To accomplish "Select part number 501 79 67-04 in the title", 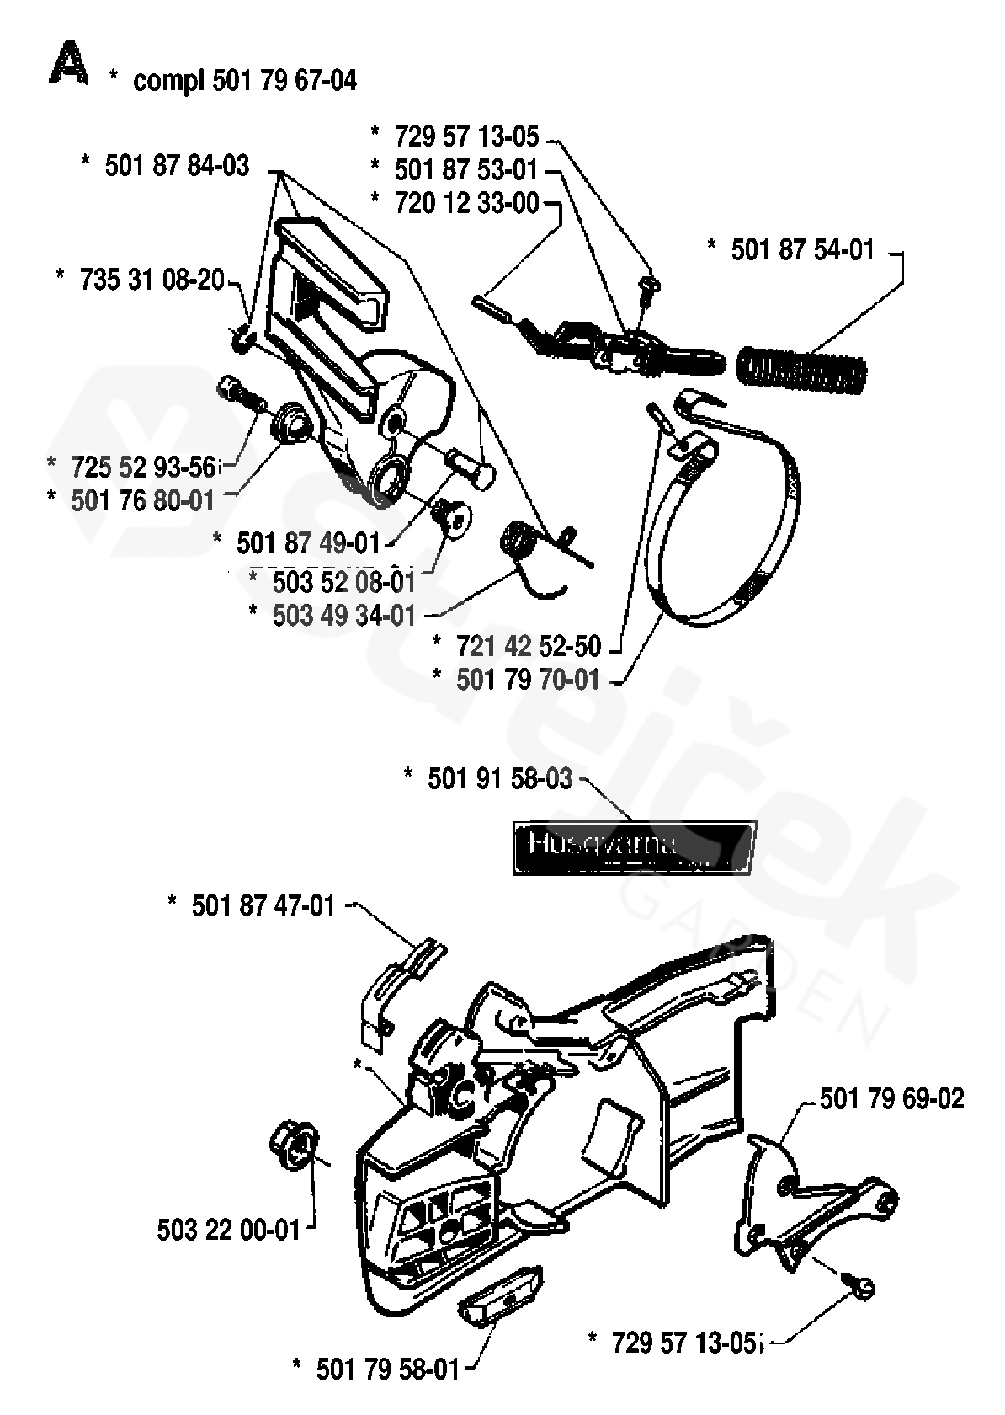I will pyautogui.click(x=284, y=81).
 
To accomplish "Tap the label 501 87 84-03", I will pyautogui.click(x=177, y=166).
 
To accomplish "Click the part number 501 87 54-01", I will pyautogui.click(x=802, y=250).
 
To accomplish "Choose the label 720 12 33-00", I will pyautogui.click(x=466, y=203).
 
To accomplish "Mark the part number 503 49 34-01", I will pyautogui.click(x=344, y=615).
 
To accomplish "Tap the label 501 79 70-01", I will pyautogui.click(x=528, y=680).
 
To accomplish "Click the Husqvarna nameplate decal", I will pyautogui.click(x=635, y=848).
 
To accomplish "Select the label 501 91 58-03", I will pyautogui.click(x=500, y=779).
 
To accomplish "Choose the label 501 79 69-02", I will pyautogui.click(x=891, y=1098).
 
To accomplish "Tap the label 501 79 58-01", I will pyautogui.click(x=388, y=1370).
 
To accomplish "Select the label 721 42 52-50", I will pyautogui.click(x=529, y=647).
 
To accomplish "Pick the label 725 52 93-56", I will pyautogui.click(x=143, y=466).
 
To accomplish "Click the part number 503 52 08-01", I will pyautogui.click(x=344, y=581).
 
